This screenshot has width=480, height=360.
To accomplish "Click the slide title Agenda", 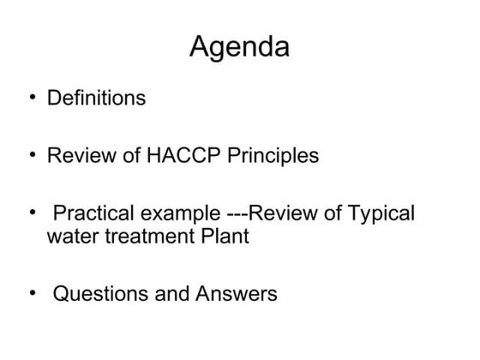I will pos(239,47).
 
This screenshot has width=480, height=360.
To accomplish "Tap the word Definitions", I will pos(95,99).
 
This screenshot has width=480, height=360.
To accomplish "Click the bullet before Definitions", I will pos(32,98).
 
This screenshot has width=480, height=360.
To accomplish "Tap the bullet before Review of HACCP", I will pos(32,155).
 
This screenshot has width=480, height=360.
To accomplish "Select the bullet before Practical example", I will pos(32,213).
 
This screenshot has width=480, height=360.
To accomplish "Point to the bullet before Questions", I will pos(32,294).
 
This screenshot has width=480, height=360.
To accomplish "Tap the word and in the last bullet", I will pos(174,295).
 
